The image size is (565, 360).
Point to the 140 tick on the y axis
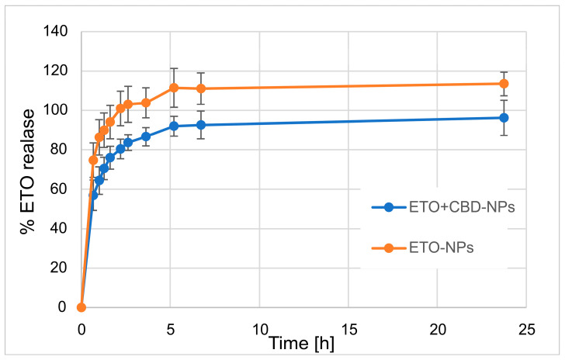[x=57, y=32]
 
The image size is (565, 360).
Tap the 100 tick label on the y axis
[x=57, y=110]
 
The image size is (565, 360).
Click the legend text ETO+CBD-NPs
[x=456, y=208]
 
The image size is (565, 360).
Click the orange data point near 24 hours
[x=504, y=84]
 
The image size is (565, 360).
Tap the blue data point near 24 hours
[x=504, y=118]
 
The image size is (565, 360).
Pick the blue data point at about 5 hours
[x=174, y=126]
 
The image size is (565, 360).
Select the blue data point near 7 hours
[x=201, y=125]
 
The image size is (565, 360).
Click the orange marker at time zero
[x=81, y=307]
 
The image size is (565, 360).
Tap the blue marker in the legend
[x=390, y=208]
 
